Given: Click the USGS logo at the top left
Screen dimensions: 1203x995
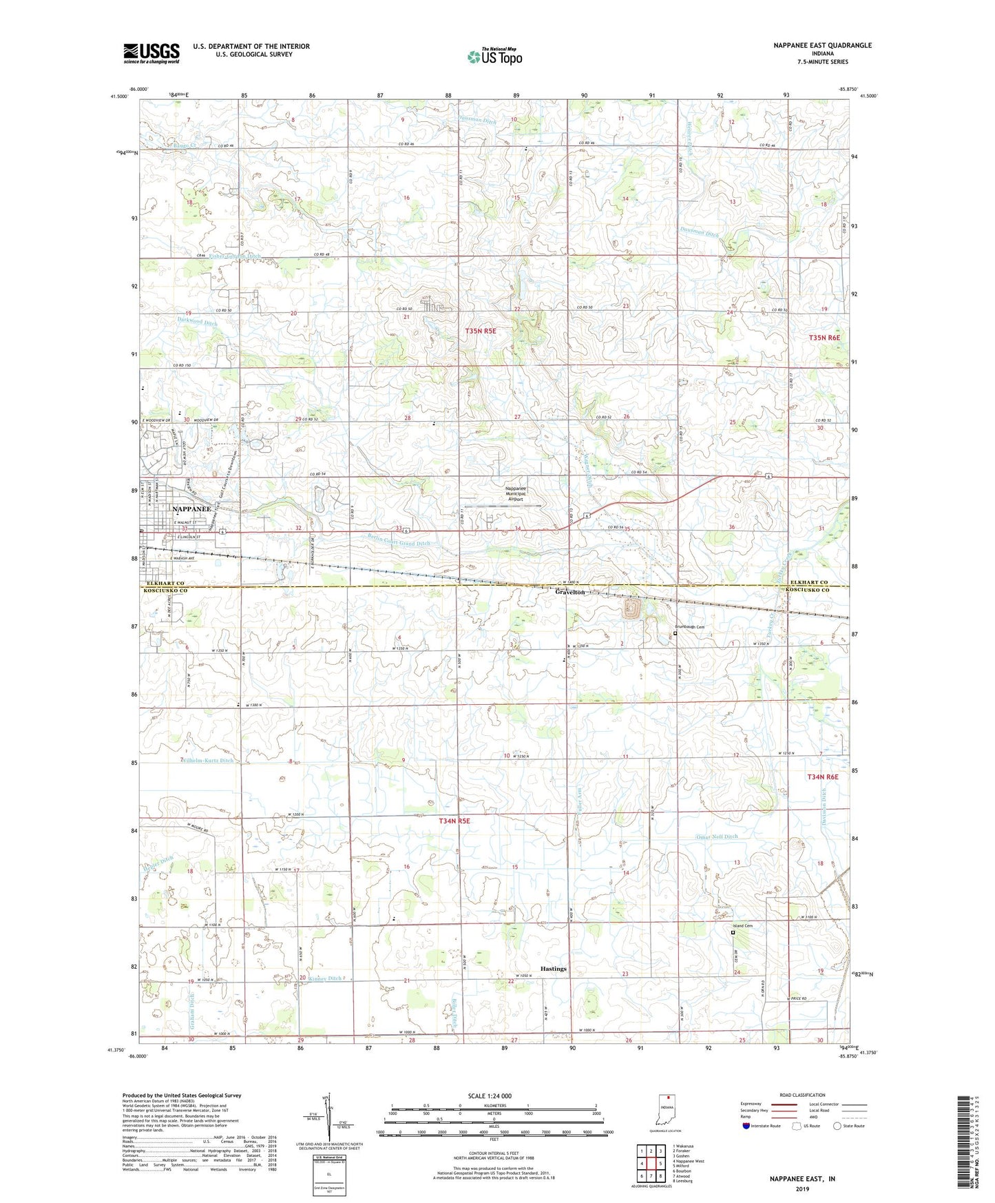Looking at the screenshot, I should (x=151, y=53).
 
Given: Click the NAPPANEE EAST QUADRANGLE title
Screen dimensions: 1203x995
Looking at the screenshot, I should (x=821, y=45).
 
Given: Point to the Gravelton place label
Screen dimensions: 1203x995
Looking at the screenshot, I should (x=570, y=593).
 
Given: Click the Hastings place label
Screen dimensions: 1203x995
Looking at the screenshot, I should (x=553, y=969).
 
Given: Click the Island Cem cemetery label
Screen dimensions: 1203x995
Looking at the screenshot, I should (x=748, y=926).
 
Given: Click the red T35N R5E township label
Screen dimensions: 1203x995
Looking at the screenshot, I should (x=480, y=331).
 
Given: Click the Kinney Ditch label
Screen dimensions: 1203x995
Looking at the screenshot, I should (x=324, y=978).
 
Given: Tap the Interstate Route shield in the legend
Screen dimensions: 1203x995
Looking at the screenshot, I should (x=746, y=1126).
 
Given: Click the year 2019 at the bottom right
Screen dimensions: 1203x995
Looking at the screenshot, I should (x=802, y=1189).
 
